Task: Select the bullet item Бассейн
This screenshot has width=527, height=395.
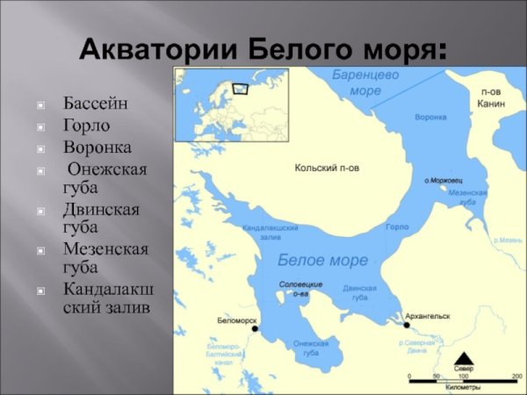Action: [x=95, y=104]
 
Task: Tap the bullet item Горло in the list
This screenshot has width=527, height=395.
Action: [x=85, y=126]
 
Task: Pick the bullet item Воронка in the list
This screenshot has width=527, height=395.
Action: [x=97, y=147]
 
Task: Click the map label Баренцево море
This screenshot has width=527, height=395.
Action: [x=365, y=83]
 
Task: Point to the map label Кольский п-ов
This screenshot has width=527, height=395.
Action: [x=327, y=166]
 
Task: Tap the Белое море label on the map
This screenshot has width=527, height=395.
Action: [x=322, y=260]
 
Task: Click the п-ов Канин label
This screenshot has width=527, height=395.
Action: [x=491, y=97]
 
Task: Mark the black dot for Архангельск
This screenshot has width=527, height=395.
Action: [x=406, y=326]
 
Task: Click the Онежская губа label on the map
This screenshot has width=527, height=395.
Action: [x=306, y=348]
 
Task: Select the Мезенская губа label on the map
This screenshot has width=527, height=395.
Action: [x=462, y=196]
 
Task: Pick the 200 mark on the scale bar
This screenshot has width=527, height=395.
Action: [x=516, y=377]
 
